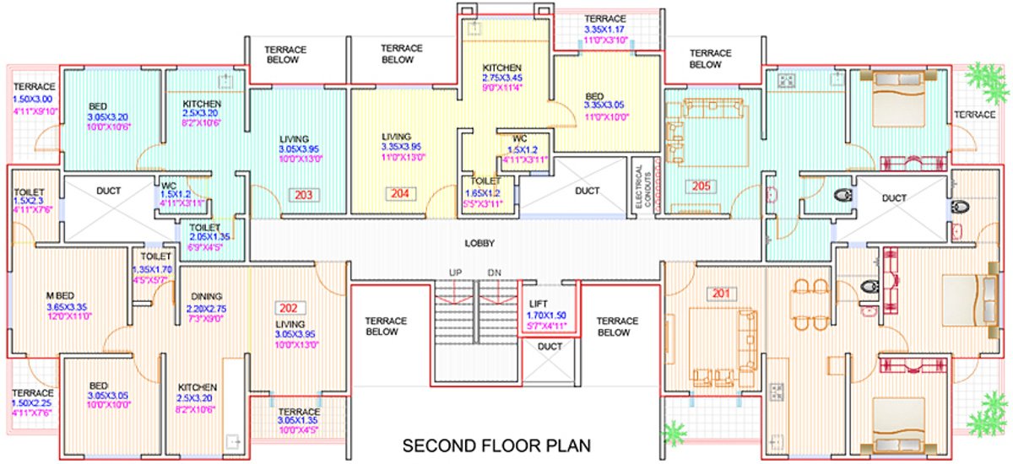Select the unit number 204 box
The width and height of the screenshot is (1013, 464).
[399, 193]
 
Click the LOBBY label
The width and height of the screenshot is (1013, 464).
[479, 243]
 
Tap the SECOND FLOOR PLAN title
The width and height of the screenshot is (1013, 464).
[496, 444]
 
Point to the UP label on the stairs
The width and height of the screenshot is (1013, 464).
[456, 272]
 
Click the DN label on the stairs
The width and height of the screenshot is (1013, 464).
[494, 272]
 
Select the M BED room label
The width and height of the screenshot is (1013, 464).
[62, 294]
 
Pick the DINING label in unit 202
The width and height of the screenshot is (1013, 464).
[206, 296]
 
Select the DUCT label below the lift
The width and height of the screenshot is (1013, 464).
[550, 347]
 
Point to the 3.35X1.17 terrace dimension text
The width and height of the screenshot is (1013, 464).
[605, 29]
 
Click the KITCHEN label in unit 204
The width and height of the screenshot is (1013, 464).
[502, 67]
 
